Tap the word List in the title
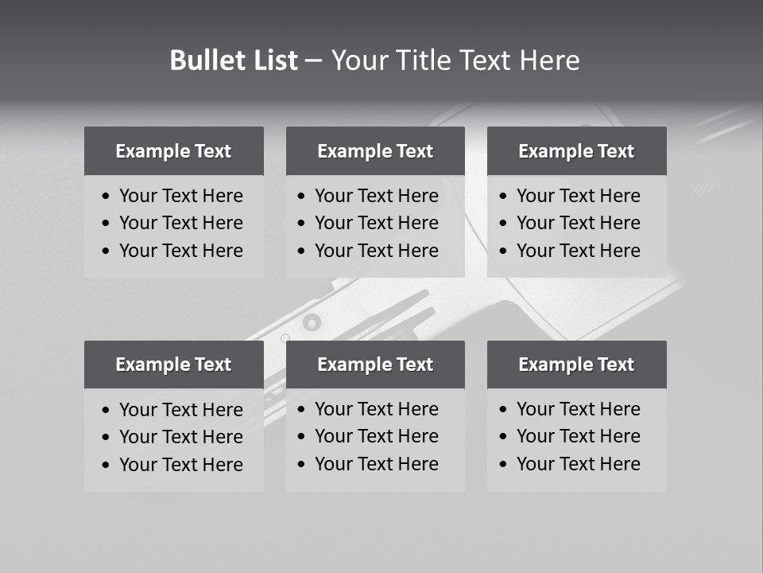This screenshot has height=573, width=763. [x=273, y=60]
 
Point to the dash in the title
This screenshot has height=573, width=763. [x=314, y=61]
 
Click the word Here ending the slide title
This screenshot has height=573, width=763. [x=549, y=60]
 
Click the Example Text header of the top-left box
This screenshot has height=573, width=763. [x=173, y=151]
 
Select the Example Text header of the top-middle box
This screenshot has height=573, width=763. [x=375, y=151]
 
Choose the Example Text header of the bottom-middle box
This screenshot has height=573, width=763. [x=375, y=364]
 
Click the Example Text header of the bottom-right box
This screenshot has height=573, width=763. [x=576, y=364]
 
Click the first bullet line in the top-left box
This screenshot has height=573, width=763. [x=180, y=196]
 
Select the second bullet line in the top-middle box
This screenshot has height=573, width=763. [x=376, y=223]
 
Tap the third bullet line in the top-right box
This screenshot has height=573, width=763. [x=578, y=251]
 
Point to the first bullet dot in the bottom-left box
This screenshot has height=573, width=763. [x=107, y=411]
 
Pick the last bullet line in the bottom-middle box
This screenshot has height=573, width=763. [x=376, y=464]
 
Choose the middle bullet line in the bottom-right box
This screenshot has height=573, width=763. [x=578, y=436]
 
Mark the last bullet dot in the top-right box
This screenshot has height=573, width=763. [x=503, y=251]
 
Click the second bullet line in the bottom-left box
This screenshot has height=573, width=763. [x=180, y=437]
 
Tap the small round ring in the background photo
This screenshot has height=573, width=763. [x=312, y=322]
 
